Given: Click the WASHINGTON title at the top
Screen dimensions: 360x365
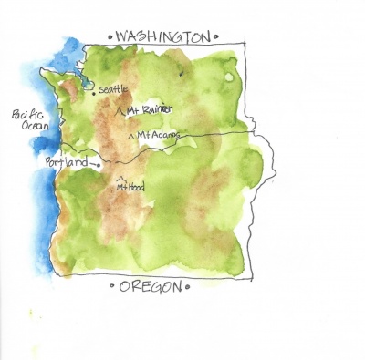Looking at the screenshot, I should click(160, 37).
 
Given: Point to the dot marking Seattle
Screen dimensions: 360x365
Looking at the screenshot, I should click(94, 91).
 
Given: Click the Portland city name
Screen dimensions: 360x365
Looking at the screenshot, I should click(67, 162).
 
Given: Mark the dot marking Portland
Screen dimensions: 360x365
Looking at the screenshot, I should click(98, 165).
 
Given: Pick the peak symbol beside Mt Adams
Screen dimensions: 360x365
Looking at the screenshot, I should click(135, 135).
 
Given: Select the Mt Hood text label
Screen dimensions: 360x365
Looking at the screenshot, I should click(130, 187).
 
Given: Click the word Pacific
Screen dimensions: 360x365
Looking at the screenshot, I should click(28, 115).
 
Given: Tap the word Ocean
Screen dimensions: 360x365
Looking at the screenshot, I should click(33, 127).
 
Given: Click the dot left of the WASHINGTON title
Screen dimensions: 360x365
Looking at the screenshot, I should click(109, 37).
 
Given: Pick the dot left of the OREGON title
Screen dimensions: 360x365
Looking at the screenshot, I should click(112, 287).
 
